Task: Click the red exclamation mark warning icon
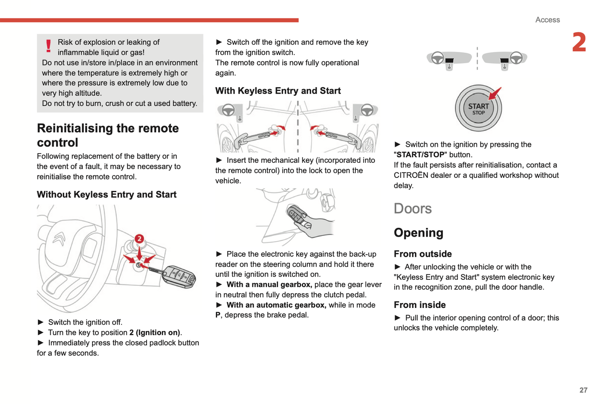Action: click(x=48, y=46)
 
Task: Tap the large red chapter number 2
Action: click(x=579, y=42)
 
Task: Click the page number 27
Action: click(x=583, y=390)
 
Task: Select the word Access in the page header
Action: click(x=547, y=20)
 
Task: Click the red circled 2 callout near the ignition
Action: click(x=139, y=239)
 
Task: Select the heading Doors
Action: click(x=413, y=209)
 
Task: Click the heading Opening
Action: click(x=418, y=233)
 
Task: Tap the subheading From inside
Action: click(x=420, y=305)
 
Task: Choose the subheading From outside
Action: click(x=423, y=254)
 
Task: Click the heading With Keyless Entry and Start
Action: click(x=278, y=91)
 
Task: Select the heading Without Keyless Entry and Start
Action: click(x=107, y=195)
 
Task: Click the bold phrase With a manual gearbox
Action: click(x=269, y=285)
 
